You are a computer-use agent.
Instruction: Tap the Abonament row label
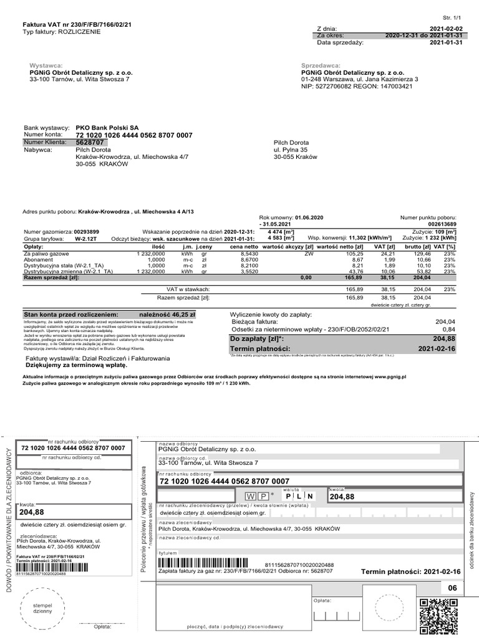tap(39, 259)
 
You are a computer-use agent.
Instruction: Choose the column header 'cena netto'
tap(243, 246)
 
